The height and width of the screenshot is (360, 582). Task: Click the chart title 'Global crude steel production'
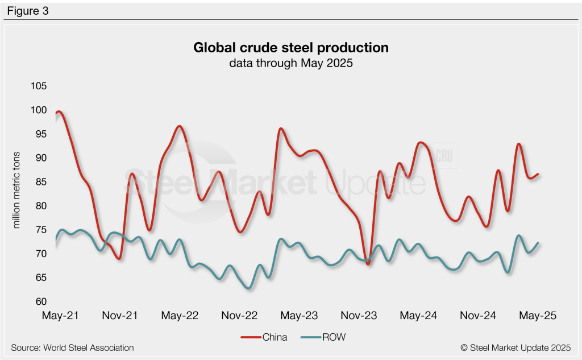(291, 47)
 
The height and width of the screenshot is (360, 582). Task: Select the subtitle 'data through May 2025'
(291, 63)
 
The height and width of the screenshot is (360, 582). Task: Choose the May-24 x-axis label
(418, 316)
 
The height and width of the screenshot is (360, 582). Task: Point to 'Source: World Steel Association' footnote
(72, 347)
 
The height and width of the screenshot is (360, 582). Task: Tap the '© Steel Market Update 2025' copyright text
(516, 347)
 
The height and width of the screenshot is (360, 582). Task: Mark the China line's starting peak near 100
(59, 112)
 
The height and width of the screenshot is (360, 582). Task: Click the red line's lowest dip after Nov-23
(368, 263)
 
